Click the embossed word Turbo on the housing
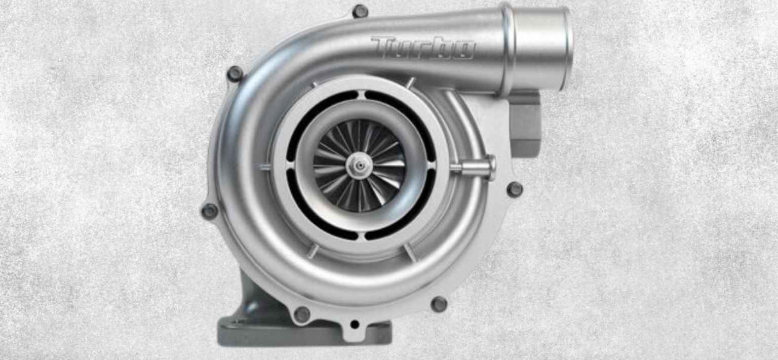[422, 48]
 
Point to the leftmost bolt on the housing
[209, 210]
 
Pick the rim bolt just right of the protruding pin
[515, 189]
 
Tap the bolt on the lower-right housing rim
[439, 304]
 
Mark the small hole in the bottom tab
[354, 325]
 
